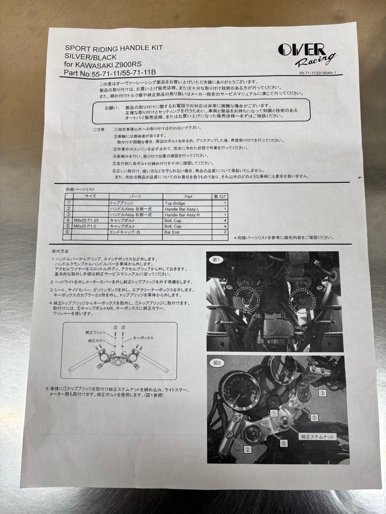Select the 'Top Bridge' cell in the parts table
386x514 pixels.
[175, 203]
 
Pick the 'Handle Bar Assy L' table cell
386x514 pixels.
[182, 209]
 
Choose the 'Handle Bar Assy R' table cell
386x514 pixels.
[182, 215]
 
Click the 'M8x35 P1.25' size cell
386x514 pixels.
[89, 221]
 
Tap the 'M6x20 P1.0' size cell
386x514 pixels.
[89, 227]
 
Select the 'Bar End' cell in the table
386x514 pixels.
[172, 233]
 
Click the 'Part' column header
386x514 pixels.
[187, 196]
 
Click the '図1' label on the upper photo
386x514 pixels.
[215, 260]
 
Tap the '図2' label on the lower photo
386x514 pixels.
[217, 363]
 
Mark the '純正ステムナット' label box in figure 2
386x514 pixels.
[317, 436]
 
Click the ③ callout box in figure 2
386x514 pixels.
[322, 393]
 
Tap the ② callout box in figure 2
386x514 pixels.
[248, 449]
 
